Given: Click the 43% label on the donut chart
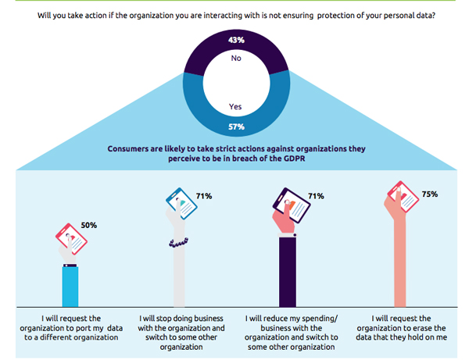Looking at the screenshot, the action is [236, 40].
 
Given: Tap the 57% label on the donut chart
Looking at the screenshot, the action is [236, 127].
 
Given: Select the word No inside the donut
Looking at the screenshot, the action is [236, 58].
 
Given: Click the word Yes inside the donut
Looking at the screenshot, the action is [235, 106].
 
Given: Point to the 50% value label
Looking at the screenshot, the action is [89, 225].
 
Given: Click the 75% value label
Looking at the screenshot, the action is [430, 194].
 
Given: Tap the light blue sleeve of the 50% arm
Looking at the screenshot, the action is [70, 287].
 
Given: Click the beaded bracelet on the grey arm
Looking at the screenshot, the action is [178, 242].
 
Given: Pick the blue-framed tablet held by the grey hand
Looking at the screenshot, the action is [181, 204].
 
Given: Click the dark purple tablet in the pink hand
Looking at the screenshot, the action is [292, 205].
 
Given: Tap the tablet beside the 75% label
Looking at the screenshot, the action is [403, 197].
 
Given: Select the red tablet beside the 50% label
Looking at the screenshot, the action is [71, 239].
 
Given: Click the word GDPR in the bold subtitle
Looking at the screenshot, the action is [295, 159].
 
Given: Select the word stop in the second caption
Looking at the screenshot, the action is [163, 319].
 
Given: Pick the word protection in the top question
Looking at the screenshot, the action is [335, 16].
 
